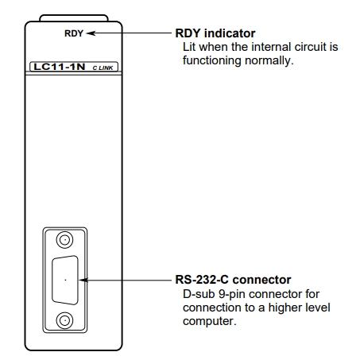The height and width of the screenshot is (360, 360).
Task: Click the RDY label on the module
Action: coord(73,33)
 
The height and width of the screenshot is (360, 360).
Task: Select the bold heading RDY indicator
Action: coord(215,33)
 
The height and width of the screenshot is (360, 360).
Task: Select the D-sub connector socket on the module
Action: coord(65,281)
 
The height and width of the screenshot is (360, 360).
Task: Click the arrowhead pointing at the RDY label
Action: coord(91,33)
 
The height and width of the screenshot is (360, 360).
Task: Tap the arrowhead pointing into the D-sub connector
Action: coord(83,280)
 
